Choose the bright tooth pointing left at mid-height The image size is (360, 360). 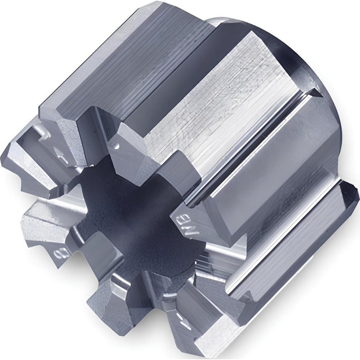coord(40,216)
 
